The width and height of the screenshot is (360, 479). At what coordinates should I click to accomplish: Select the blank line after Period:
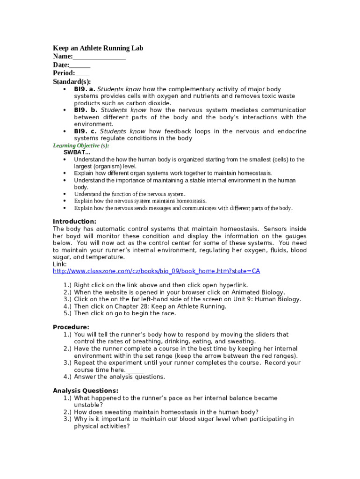[x=82, y=74]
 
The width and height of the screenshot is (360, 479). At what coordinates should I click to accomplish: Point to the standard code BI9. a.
[x=85, y=89]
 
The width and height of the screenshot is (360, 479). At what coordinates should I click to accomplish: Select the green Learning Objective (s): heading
[x=80, y=145]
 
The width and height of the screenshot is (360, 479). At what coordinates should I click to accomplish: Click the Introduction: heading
[x=74, y=222]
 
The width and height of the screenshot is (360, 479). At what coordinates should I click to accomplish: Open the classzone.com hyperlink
[x=156, y=271]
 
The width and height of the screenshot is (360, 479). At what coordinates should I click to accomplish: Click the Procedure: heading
[x=71, y=327]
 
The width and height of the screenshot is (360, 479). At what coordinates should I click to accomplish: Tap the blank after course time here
[x=135, y=370]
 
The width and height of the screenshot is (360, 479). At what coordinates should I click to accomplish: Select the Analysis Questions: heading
[x=86, y=391]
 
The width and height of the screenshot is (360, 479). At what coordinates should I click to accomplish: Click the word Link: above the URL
[x=60, y=264]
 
